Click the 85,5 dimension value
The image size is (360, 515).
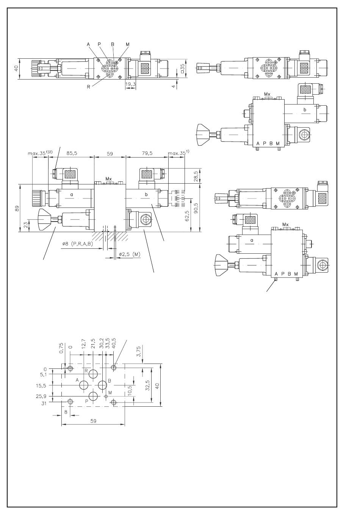pyautogui.click(x=72, y=153)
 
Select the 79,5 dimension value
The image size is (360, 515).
pyautogui.click(x=147, y=153)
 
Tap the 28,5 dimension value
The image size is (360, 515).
pyautogui.click(x=196, y=176)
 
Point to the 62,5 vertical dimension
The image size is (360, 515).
pyautogui.click(x=187, y=216)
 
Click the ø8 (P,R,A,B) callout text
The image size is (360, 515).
pyautogui.click(x=77, y=244)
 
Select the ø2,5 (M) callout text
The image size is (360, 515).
pyautogui.click(x=130, y=254)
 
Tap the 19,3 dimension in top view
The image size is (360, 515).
pyautogui.click(x=130, y=84)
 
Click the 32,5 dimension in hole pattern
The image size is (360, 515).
pyautogui.click(x=147, y=385)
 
